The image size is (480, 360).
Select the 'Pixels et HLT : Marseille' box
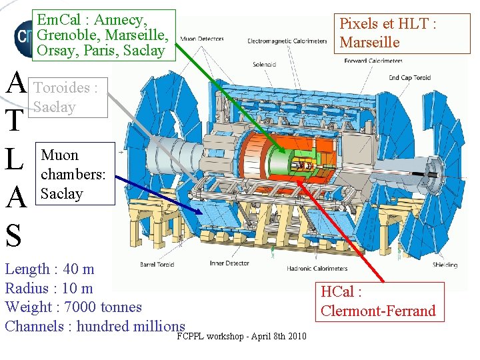(x=388, y=33)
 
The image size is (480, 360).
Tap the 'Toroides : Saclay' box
(x=69, y=97)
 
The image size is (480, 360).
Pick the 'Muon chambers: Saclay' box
(x=75, y=173)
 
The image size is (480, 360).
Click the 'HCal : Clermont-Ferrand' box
(x=378, y=301)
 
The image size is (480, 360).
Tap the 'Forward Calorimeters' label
(x=373, y=61)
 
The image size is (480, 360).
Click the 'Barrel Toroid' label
(x=157, y=265)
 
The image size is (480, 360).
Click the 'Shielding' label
(x=445, y=265)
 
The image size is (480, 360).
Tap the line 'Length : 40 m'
(x=50, y=269)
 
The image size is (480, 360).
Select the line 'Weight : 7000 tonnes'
(x=73, y=307)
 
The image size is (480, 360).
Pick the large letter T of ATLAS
(x=15, y=121)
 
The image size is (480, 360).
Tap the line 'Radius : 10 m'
(x=49, y=289)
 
